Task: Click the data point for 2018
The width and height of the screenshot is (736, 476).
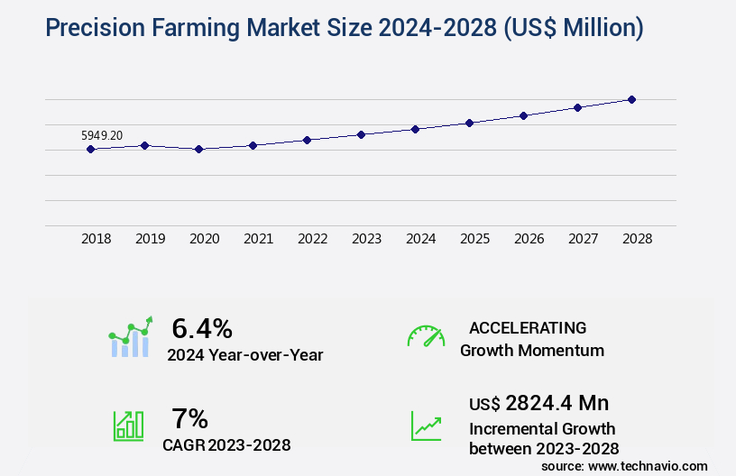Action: tap(90, 149)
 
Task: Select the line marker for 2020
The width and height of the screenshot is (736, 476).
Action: tap(198, 149)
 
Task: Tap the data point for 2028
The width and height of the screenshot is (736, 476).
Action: tap(631, 99)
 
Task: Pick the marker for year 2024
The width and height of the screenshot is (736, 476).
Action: tap(415, 129)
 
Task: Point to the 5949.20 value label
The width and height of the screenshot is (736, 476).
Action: tap(102, 135)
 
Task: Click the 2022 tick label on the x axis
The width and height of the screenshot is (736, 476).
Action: tap(312, 239)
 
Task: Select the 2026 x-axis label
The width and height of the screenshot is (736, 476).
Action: tap(529, 239)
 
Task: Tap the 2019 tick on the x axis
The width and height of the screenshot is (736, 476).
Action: tap(150, 239)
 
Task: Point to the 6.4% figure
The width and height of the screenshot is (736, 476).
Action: tap(202, 327)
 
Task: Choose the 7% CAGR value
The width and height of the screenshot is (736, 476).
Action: tap(189, 418)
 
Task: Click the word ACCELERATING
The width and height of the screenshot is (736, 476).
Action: tap(528, 327)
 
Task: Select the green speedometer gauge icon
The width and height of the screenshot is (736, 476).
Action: tap(426, 336)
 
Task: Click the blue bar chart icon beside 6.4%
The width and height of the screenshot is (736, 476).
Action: tap(131, 338)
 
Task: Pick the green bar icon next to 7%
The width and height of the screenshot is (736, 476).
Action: tap(128, 426)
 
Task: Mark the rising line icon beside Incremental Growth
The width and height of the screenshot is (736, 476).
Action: tap(426, 426)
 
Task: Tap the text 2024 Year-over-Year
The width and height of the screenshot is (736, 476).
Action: tap(244, 355)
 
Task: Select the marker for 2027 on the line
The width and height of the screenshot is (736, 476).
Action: tap(577, 107)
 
